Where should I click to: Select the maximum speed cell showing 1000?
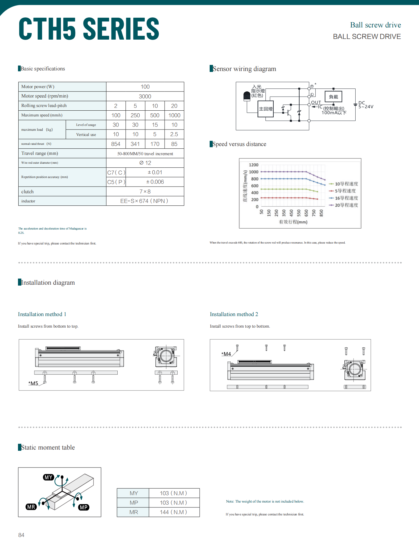174,115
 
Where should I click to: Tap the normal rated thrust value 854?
116,144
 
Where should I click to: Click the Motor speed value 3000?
145,96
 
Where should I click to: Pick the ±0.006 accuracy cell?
155,182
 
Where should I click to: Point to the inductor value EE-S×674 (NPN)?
144,201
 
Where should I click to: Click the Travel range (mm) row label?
40,153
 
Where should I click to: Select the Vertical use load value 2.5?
174,134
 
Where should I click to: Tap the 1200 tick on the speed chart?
254,165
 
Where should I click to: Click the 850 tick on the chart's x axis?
321,213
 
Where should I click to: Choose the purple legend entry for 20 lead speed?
343,205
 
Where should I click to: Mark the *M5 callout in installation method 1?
33,383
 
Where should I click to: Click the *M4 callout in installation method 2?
226,354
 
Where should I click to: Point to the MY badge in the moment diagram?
48,477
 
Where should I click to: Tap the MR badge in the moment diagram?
31,507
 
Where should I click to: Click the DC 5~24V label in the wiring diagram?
365,105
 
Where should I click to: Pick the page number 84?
21,535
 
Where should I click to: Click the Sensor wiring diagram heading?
244,69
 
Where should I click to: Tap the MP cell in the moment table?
134,503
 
